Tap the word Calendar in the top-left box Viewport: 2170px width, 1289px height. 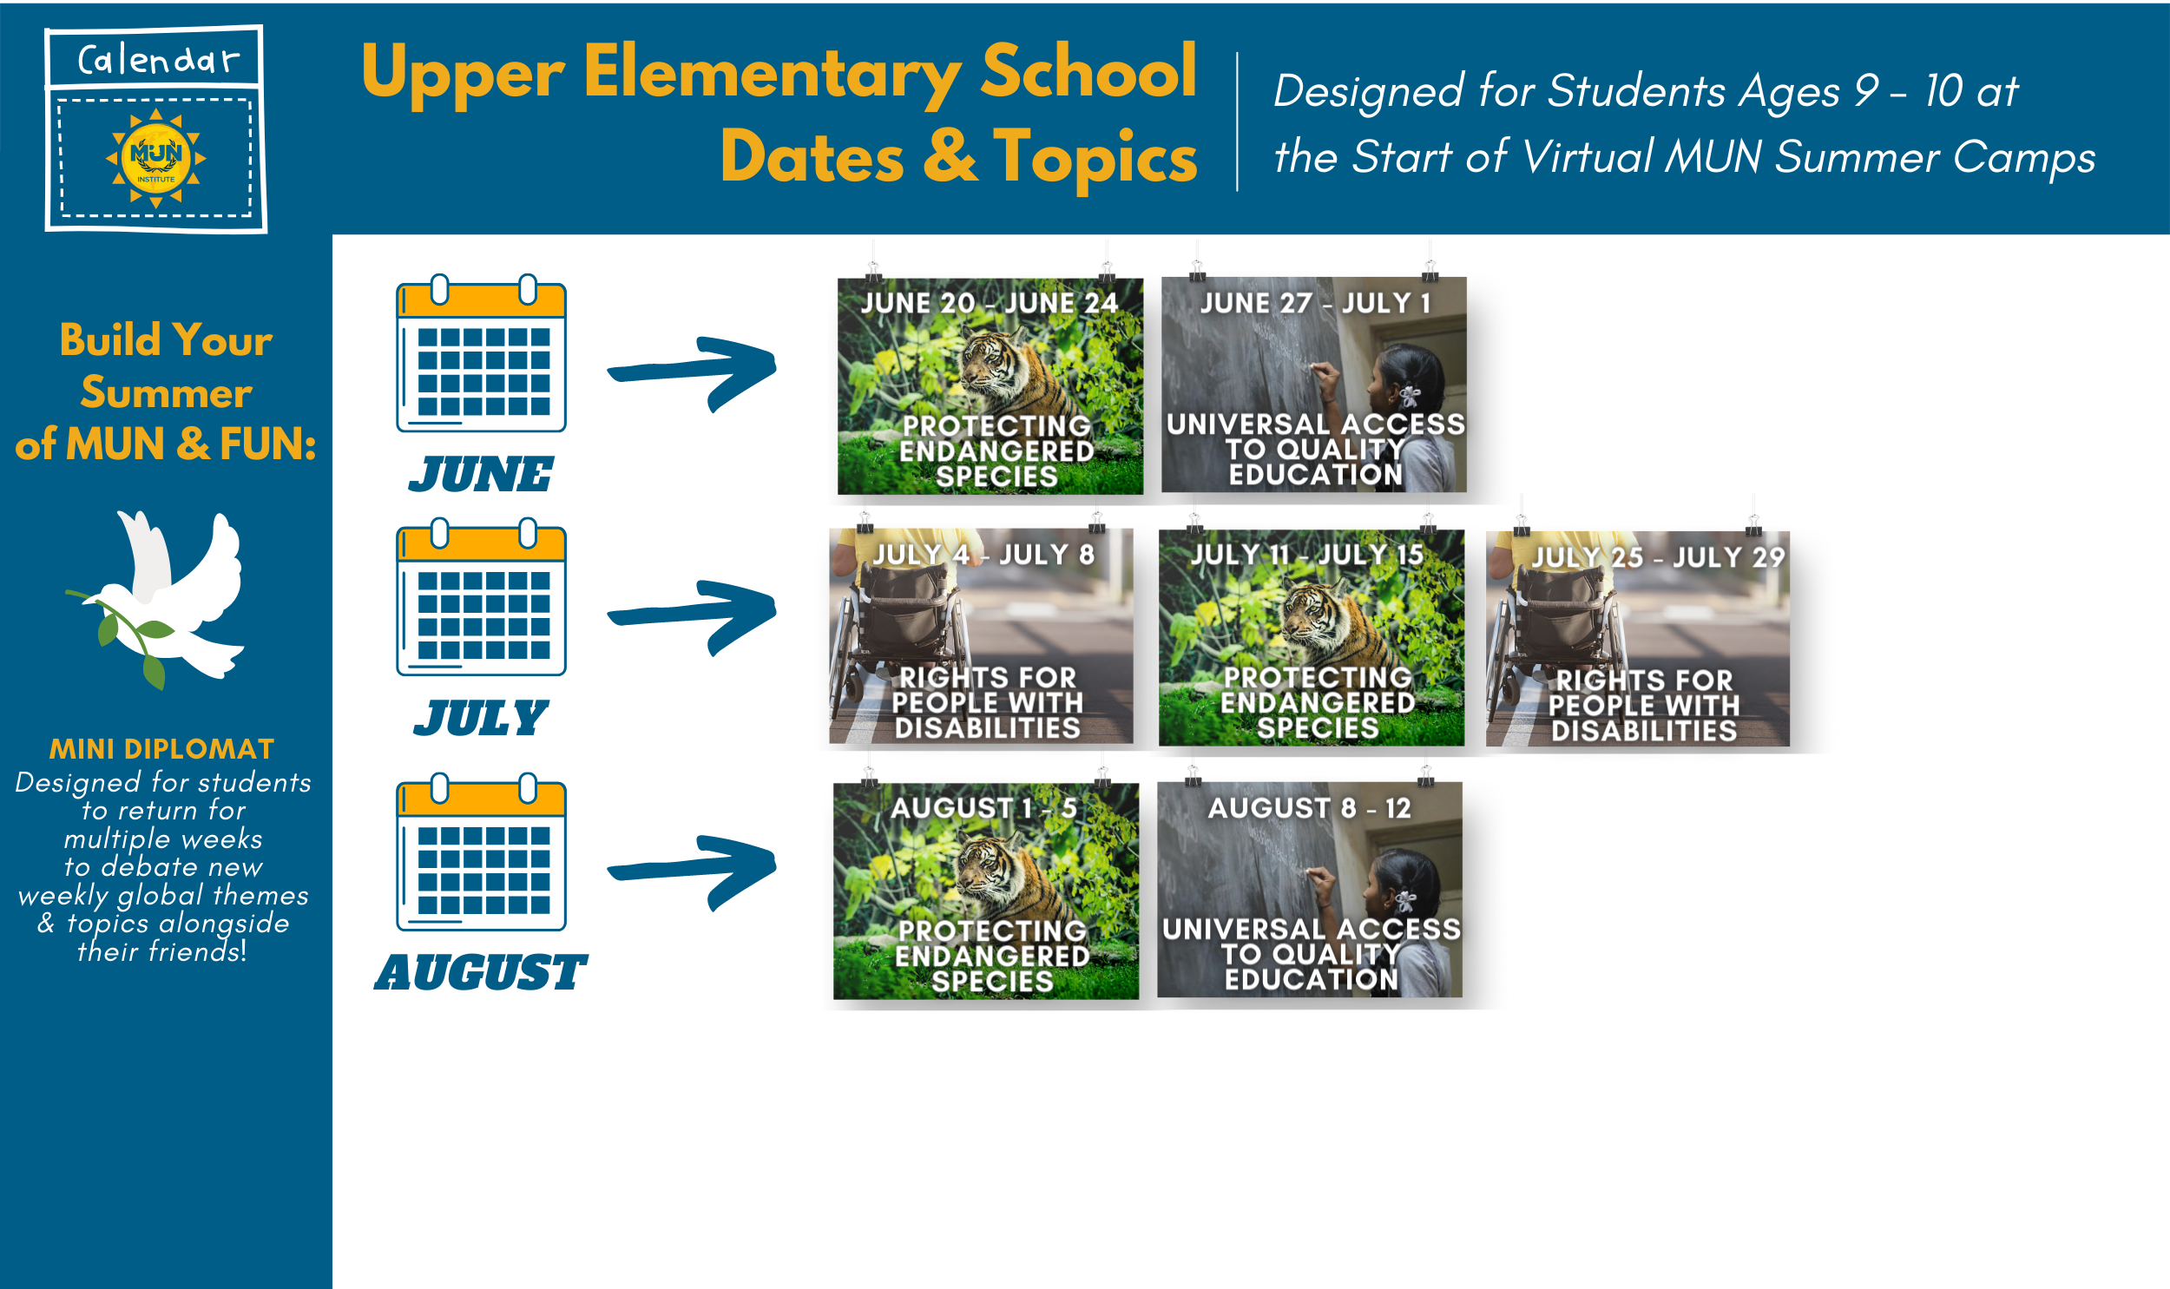click(157, 60)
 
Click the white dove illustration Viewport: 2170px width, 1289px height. click(156, 598)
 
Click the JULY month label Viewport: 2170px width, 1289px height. click(481, 719)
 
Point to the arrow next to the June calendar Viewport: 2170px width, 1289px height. click(692, 373)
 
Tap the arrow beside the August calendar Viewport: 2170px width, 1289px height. click(692, 872)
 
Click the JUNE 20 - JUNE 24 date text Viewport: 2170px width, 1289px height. click(989, 303)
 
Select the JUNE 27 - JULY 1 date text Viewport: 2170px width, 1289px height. click(1316, 303)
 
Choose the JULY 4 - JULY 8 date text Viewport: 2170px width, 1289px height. click(983, 554)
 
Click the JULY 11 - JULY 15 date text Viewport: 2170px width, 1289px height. click(1307, 554)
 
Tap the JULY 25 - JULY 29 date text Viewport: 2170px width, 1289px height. click(1658, 556)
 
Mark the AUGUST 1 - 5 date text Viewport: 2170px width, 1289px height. click(983, 808)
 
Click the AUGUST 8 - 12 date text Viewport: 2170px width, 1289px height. click(1310, 808)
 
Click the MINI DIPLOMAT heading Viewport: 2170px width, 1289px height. click(162, 749)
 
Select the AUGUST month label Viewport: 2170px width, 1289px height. click(481, 972)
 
